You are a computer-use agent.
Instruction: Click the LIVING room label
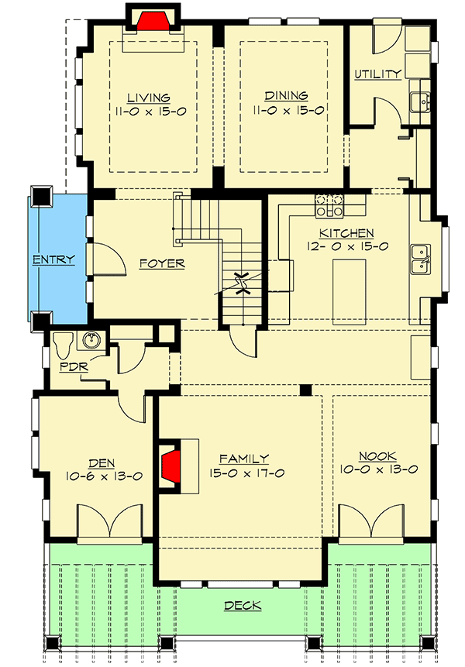click(x=148, y=98)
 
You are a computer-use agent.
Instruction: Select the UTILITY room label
click(x=377, y=74)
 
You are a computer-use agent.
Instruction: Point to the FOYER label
click(x=162, y=263)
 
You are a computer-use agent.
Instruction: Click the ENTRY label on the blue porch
click(x=53, y=260)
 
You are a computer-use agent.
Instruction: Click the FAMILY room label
click(x=243, y=458)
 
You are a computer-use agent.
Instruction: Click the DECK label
click(x=241, y=606)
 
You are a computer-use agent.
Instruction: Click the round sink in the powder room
click(x=92, y=341)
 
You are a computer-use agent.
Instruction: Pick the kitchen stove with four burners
click(x=329, y=205)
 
